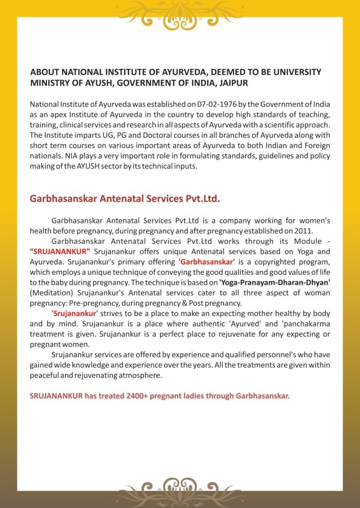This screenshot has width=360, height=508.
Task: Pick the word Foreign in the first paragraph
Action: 316,146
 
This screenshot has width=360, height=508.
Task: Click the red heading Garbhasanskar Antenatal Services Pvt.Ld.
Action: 125,198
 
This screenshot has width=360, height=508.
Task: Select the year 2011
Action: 302,230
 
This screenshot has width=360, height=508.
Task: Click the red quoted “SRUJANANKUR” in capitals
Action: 60,251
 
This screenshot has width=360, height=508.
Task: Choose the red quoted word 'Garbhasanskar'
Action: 206,261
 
